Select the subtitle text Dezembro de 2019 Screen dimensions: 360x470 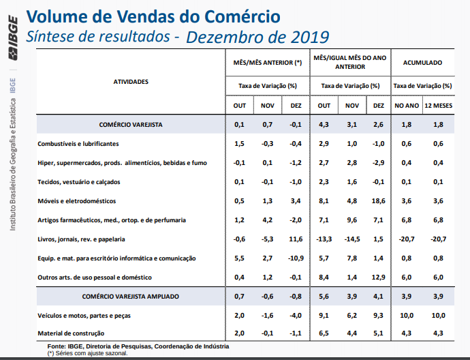click(257, 36)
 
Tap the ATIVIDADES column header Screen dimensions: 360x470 click(131, 82)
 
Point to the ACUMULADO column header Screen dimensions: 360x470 click(423, 63)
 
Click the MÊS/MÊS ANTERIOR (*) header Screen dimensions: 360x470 click(267, 63)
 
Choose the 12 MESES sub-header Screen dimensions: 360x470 click(439, 106)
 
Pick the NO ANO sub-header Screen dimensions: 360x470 click(407, 106)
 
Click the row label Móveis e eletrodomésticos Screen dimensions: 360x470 click(77, 201)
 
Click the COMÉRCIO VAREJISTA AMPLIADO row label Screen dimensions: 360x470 click(131, 297)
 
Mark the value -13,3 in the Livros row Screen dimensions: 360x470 click(324, 239)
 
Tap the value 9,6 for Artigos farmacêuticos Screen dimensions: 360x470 click(352, 220)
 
